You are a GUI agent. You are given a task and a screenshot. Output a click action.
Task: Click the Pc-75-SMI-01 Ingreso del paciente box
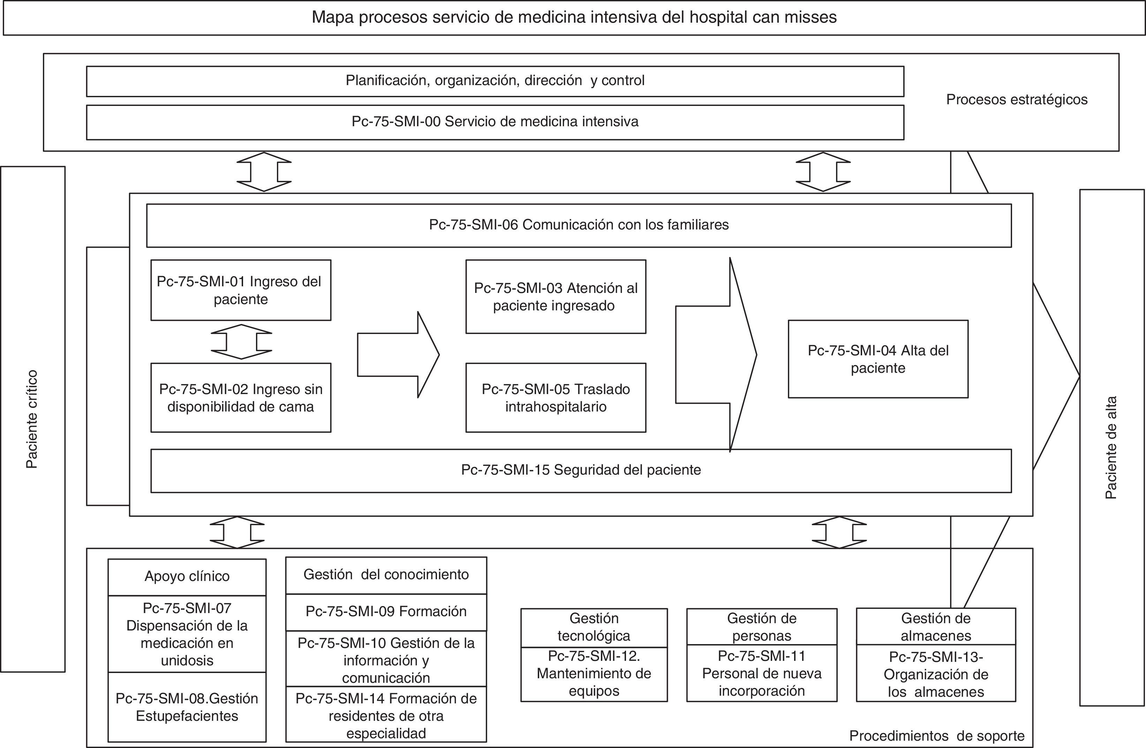[241, 290]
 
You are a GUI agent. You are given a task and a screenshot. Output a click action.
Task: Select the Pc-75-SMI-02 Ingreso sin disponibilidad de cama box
[241, 398]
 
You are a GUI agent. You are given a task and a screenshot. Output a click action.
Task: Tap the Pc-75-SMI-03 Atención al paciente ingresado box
[556, 296]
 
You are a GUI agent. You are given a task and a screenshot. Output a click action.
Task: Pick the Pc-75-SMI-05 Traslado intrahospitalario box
[556, 398]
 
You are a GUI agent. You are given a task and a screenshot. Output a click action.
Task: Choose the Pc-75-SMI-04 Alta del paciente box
[878, 359]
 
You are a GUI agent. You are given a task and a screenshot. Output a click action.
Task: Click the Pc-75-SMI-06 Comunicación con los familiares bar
[579, 225]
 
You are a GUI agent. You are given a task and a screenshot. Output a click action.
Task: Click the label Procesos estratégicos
[1017, 100]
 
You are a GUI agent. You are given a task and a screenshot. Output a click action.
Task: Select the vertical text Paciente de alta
[1111, 448]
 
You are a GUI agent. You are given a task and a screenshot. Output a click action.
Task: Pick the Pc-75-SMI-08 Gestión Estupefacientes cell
[187, 707]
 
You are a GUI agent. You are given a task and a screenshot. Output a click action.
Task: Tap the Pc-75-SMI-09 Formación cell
[386, 612]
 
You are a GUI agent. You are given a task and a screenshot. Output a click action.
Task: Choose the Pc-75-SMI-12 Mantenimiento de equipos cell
[594, 674]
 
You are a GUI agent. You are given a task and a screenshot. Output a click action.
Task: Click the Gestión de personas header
[761, 627]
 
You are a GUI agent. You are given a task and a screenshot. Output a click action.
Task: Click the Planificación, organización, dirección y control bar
[495, 81]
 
